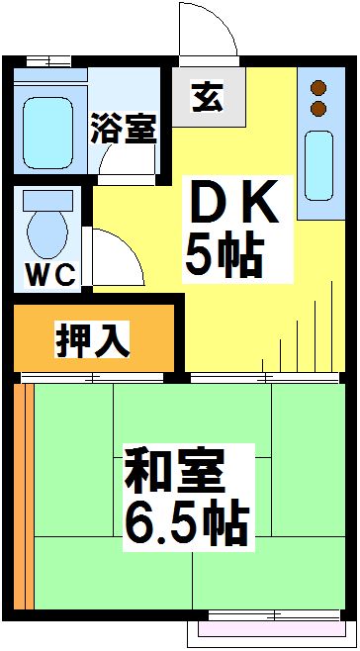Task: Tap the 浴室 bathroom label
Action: click(125, 130)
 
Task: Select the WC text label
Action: click(49, 276)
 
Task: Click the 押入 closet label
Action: click(91, 340)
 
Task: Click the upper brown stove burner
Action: click(318, 87)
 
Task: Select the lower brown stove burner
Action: click(318, 106)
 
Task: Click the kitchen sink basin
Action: click(321, 162)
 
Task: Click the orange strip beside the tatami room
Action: click(25, 495)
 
